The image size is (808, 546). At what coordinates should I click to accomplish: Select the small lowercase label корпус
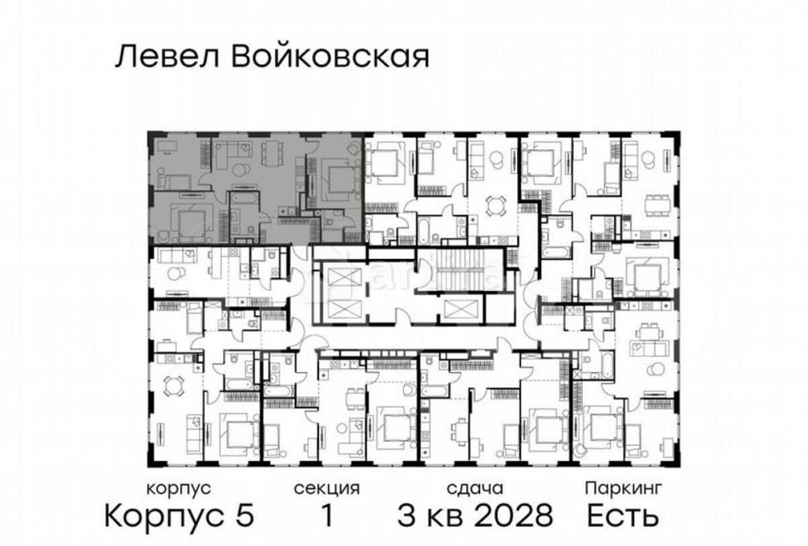(x=179, y=489)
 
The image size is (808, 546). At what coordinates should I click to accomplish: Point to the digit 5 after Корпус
(x=245, y=514)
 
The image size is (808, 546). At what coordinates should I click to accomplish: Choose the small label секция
(x=326, y=489)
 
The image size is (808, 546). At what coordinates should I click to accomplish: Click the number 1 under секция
(x=326, y=514)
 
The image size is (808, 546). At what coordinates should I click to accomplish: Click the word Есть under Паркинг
(x=623, y=514)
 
